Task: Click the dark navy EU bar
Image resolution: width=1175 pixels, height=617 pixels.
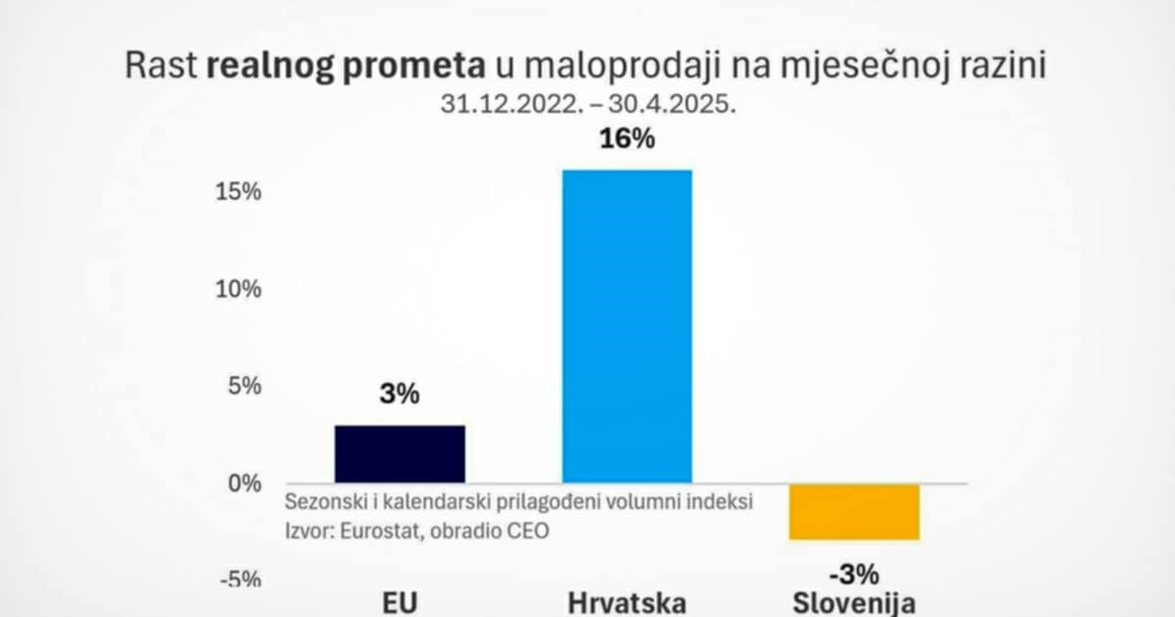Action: click(x=399, y=453)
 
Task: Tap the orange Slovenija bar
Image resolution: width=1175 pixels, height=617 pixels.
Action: click(x=854, y=511)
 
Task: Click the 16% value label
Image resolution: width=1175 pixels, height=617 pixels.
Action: click(x=626, y=139)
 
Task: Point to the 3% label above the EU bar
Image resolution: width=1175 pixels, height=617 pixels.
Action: click(x=399, y=395)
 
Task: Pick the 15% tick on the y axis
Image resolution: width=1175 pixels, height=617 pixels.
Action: click(x=240, y=192)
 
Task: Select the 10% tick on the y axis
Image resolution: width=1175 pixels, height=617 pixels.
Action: click(x=240, y=289)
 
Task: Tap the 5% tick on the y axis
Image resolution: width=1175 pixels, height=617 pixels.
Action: click(x=245, y=386)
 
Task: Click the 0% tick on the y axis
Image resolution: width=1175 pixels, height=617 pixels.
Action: click(x=245, y=483)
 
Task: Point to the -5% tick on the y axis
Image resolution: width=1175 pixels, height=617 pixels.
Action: click(x=240, y=579)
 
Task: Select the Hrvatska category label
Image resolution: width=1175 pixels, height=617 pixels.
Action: click(x=627, y=601)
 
